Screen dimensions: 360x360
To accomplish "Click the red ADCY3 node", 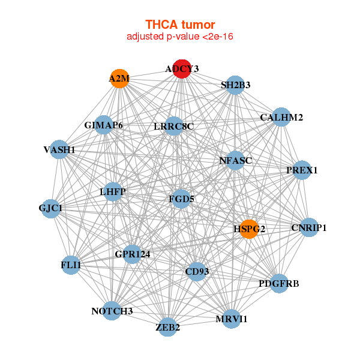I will tap(182, 69).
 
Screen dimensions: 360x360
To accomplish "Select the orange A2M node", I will tap(119, 79).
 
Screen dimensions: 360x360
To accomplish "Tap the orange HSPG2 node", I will tap(249, 229).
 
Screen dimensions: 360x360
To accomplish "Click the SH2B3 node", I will tap(235, 85).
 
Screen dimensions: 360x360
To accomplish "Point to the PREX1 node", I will tap(302, 170).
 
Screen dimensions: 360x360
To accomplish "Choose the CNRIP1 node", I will tap(308, 227).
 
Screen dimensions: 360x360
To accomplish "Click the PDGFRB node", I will tap(278, 283).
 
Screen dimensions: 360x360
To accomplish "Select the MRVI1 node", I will tap(231, 319).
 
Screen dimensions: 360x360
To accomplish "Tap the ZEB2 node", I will tap(168, 327).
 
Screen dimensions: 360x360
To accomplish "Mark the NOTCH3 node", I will tap(112, 311).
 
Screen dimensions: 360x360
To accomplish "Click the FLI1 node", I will tap(71, 265).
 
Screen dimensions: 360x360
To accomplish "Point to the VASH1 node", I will tap(59, 149).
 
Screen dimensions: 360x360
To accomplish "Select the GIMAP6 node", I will tap(104, 125).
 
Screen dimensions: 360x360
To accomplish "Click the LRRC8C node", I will tap(173, 126).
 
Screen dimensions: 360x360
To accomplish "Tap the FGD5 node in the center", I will tap(181, 199).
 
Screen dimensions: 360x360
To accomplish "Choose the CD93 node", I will tap(197, 272).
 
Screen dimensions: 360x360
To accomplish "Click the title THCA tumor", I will tap(180, 25).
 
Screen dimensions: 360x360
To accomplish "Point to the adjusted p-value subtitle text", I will tap(180, 37).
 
